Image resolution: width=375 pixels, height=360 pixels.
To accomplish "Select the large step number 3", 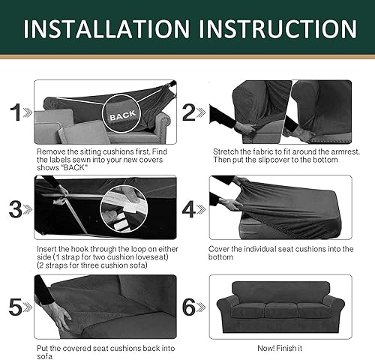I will (x=14, y=208).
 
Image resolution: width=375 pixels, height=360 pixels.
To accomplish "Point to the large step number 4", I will (x=189, y=208).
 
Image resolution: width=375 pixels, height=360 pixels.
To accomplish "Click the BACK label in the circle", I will (x=122, y=117).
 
